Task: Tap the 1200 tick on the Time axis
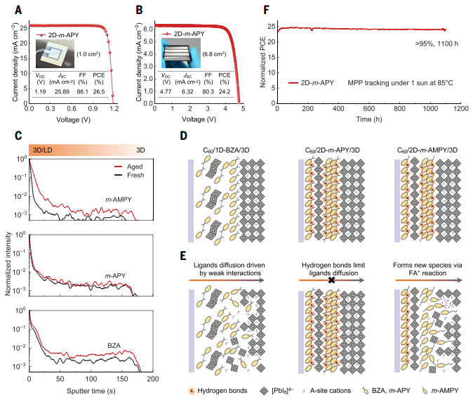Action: (461, 109)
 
